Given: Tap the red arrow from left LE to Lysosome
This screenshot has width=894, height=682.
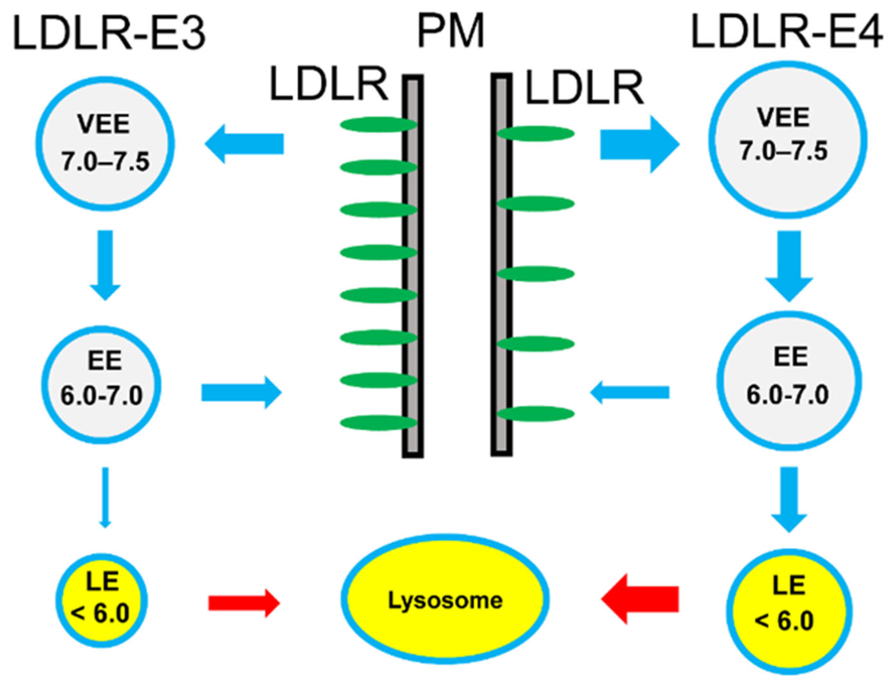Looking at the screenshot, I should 243,603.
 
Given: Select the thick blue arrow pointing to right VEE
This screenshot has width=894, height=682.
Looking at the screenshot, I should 640,144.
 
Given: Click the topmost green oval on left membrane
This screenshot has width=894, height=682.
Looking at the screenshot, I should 378,125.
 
